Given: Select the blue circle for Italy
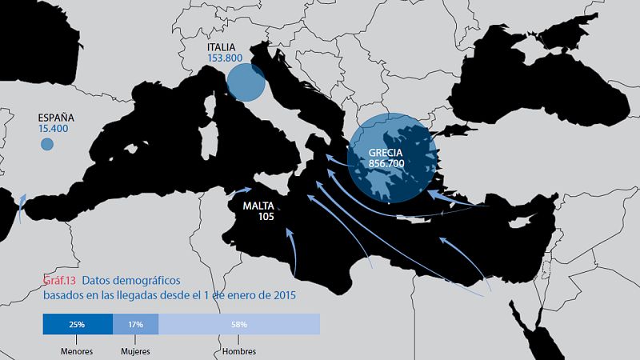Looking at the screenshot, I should point(246,82).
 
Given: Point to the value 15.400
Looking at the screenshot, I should point(53,128).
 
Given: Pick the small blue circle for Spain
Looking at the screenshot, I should point(47,144).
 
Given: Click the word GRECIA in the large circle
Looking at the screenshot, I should point(386,152).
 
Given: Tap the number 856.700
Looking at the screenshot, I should point(386,163).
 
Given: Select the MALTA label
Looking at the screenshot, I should point(260,206).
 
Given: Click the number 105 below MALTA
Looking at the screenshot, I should point(266,217).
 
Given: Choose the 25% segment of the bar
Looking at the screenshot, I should point(78,324).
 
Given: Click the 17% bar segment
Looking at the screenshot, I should point(135,324).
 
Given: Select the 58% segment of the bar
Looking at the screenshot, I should point(239,324).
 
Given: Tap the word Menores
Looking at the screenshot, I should point(77,351).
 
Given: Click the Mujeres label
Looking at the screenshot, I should point(135,351).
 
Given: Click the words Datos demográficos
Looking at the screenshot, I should point(131,280).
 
